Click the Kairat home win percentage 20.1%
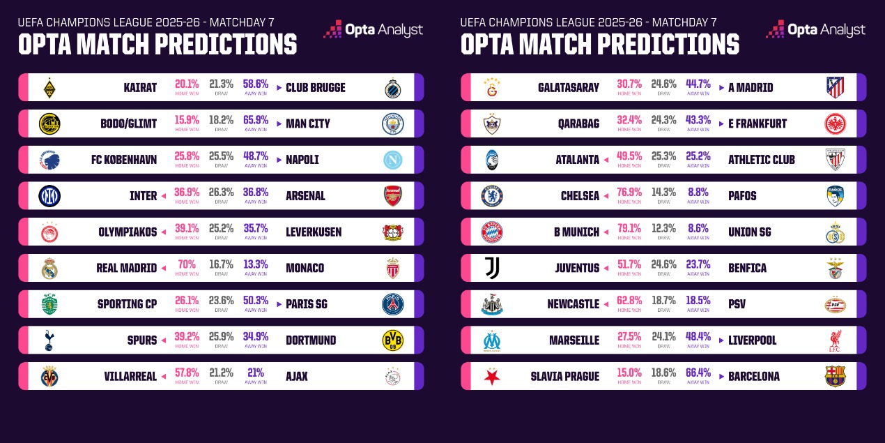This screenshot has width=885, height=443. pos(187,84)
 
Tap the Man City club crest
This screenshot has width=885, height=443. pos(393,123)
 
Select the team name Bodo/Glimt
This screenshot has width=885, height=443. pos(128,123)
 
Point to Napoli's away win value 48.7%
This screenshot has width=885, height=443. pos(256,156)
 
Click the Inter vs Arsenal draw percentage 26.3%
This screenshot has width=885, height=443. pos(222,193)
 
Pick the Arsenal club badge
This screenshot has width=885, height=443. pos(393,196)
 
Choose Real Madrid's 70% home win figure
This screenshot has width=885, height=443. pos(187,264)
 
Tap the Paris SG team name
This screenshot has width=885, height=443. pos(307,304)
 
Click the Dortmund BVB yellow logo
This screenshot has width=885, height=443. pos(393,340)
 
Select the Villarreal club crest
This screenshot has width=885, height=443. pos(49,376)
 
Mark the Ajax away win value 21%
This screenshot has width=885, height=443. pos(256,373)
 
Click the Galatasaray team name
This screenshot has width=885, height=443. pos(569,87)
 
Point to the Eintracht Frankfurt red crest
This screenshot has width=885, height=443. pos(836,123)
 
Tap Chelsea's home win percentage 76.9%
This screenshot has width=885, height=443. pos(629,193)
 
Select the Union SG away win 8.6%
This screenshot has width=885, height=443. pos(698,228)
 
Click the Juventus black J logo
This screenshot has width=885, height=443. pos(492,268)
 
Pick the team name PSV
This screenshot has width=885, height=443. pos(737,304)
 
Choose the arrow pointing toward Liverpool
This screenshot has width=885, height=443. pos(721,340)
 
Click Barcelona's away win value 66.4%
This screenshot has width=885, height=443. pos(698,373)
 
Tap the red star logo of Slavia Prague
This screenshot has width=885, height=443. pos(492,376)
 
